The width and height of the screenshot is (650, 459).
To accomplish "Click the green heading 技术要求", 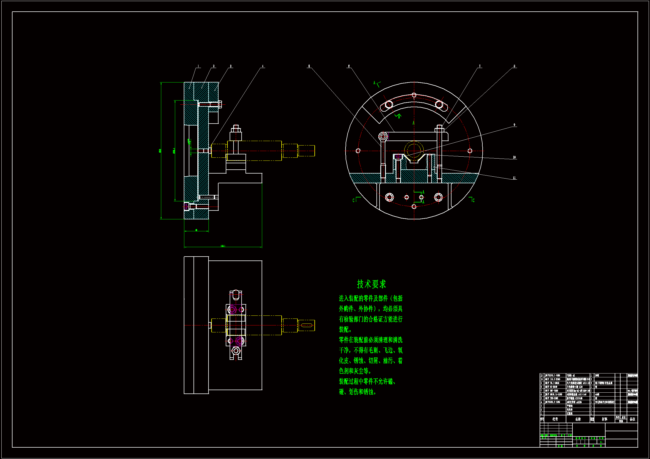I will (371, 284).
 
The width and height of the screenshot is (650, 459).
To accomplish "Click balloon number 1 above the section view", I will (198, 66).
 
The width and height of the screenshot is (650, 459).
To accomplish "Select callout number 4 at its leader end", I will (262, 66).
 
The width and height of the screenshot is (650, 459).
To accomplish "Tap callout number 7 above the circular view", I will (480, 66).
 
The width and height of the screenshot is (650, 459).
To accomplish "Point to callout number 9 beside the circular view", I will (514, 125).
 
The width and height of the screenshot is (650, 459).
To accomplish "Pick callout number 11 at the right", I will (514, 178).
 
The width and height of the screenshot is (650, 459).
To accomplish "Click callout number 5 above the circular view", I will (309, 66).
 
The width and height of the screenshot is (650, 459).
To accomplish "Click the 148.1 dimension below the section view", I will (223, 246).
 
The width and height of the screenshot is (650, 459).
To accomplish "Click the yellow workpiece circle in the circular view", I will (414, 150).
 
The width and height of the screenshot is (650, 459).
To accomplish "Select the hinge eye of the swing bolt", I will (383, 137).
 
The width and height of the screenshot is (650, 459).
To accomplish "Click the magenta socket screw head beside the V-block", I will (398, 156).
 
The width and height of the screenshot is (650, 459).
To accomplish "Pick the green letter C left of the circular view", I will (354, 200).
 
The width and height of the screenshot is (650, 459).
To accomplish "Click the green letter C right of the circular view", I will (473, 200).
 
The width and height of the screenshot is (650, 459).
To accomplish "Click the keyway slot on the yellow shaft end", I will (306, 325).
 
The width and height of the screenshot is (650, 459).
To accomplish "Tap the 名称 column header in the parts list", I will (578, 419).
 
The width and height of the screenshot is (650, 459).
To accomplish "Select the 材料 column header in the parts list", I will (604, 419).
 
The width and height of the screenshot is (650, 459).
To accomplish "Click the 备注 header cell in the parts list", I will (632, 419).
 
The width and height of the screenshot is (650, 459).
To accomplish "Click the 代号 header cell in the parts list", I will (555, 419).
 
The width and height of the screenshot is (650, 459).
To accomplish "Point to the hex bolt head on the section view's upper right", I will (220, 104).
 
